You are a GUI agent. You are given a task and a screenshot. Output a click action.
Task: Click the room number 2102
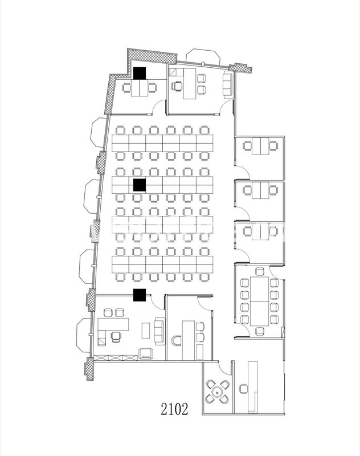click(174, 409)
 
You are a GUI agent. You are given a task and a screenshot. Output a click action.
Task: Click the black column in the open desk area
click(139, 185)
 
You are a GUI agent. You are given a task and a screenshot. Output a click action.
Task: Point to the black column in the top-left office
click(140, 74)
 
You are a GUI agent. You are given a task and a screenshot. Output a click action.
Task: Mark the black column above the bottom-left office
click(139, 295)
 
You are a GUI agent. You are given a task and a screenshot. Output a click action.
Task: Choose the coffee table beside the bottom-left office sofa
click(145, 329)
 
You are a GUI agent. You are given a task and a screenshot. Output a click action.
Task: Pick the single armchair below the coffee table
click(146, 353)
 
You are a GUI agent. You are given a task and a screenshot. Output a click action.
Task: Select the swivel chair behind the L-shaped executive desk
click(116, 336)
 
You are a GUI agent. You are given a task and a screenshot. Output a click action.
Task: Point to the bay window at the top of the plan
click(202, 56)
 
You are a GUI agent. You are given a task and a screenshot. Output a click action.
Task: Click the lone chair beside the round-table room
click(244, 389)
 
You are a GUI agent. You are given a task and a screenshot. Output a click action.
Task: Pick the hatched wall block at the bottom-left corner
click(89, 370)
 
